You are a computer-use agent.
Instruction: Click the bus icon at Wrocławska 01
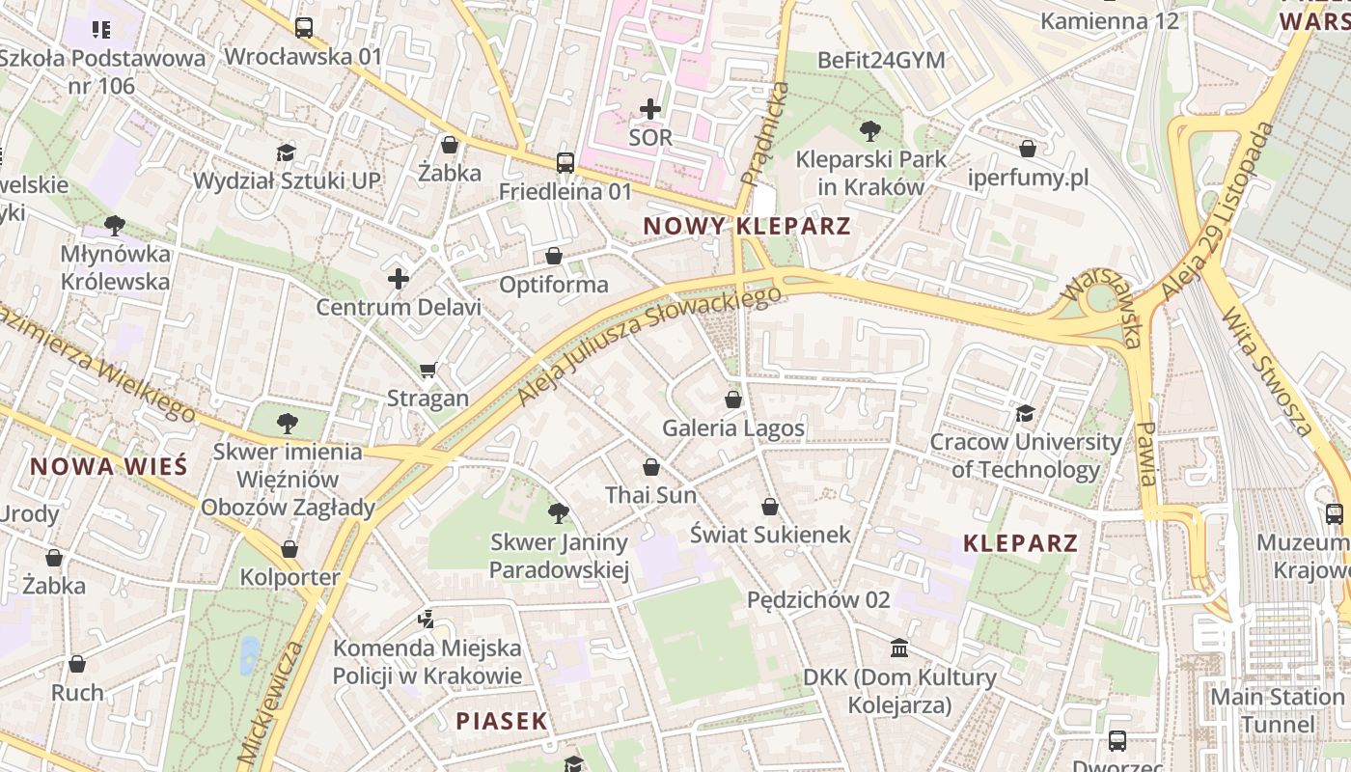click(x=304, y=28)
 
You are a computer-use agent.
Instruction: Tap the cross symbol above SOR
click(x=650, y=109)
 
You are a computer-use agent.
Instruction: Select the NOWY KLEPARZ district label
click(x=746, y=227)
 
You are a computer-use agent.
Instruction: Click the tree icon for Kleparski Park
click(x=869, y=130)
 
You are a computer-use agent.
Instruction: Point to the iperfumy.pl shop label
click(x=1029, y=178)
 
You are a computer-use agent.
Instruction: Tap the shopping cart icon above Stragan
click(x=427, y=370)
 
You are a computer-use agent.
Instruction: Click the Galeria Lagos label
click(x=732, y=427)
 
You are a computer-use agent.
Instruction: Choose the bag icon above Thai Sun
click(x=651, y=467)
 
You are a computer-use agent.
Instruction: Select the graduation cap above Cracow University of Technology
click(x=1025, y=414)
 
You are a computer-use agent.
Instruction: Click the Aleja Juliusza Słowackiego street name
click(x=648, y=345)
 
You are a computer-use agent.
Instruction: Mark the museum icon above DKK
click(x=899, y=648)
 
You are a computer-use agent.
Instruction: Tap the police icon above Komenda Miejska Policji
click(x=426, y=619)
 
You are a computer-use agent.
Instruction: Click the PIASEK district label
click(x=501, y=721)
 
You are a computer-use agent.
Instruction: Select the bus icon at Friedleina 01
click(x=565, y=163)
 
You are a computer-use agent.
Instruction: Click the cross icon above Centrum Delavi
click(x=399, y=280)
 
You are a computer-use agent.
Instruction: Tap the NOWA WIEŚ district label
click(x=108, y=467)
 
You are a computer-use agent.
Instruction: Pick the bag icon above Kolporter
click(x=289, y=549)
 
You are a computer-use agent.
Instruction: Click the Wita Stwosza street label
click(x=1267, y=372)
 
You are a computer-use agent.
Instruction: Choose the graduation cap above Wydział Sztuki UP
click(x=286, y=152)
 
